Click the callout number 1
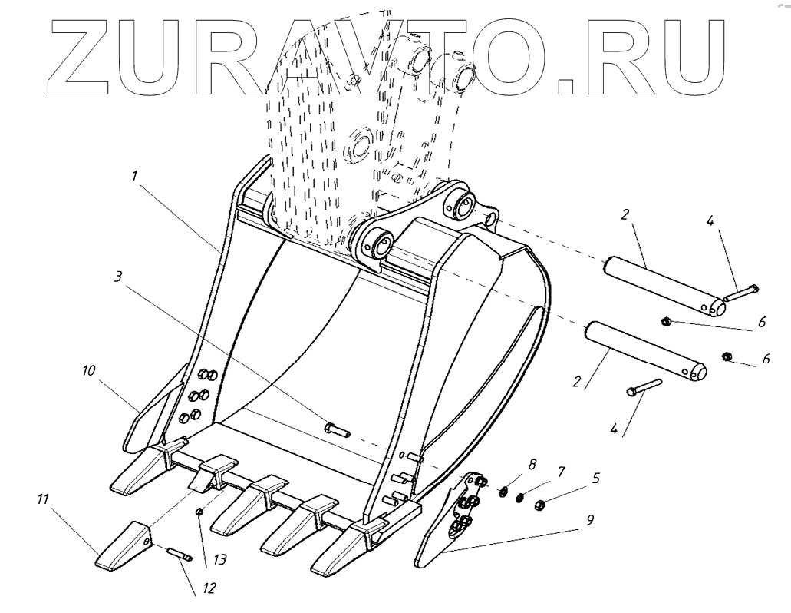point(134,176)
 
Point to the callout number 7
point(561,469)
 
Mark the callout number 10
point(90,370)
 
